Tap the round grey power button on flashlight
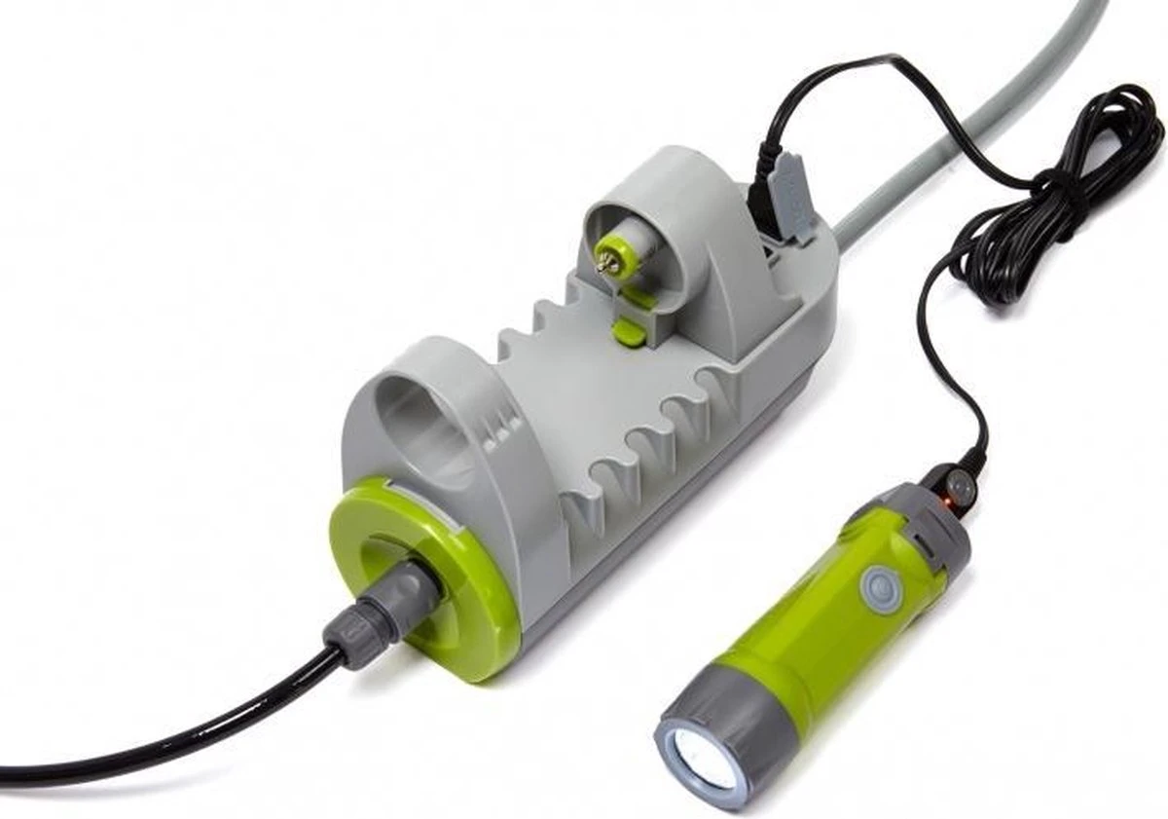click(878, 587)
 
